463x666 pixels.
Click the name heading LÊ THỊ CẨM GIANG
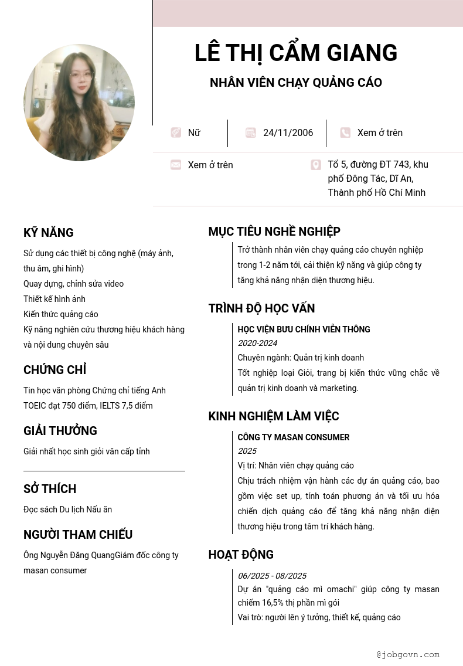296,53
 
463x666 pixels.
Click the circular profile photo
79,103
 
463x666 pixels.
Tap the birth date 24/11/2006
288,133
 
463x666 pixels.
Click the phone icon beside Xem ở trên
345,133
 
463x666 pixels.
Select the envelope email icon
176,165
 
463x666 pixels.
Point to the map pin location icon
316,165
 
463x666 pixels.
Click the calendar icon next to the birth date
251,133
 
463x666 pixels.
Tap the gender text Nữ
194,133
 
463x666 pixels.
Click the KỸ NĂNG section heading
49,233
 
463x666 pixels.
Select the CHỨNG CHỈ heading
55,370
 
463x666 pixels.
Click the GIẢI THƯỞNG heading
60,431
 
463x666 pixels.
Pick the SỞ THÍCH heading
50,489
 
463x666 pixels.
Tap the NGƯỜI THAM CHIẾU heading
78,535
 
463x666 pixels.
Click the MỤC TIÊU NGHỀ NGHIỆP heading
274,232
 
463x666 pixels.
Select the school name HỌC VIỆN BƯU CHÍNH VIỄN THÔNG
304,329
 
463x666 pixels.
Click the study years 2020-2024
257,343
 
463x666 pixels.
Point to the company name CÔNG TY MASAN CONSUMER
293,437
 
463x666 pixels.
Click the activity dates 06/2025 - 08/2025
272,576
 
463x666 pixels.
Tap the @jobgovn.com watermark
408,654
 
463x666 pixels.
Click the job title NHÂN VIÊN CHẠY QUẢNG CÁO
296,83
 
